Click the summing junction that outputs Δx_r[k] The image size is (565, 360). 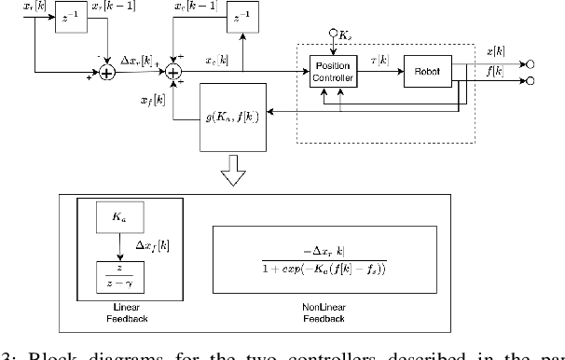tap(107, 71)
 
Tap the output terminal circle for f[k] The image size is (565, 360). tap(529, 81)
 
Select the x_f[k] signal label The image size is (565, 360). tap(154, 100)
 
